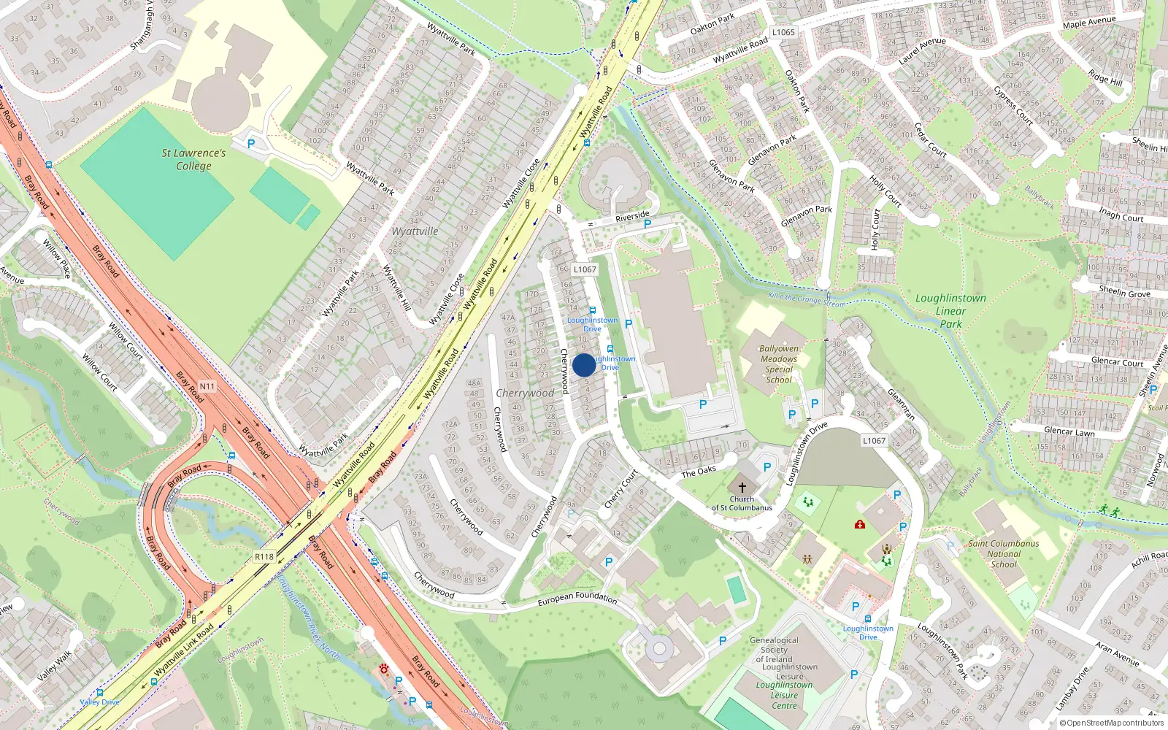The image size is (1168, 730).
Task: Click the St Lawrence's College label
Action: pos(193,159)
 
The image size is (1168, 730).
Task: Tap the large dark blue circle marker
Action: pos(584,365)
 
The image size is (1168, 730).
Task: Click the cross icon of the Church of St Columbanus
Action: pos(742,487)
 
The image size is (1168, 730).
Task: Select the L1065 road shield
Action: pos(783,32)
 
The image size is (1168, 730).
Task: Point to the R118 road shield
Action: pos(264,557)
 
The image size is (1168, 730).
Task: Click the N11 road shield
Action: pos(207,386)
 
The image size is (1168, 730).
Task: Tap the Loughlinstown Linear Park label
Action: pos(950,310)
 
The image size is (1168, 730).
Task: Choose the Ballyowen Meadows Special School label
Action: pos(779,364)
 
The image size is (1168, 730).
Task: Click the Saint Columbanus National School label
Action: pos(1004,553)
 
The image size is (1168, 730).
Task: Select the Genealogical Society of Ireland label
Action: pos(774,650)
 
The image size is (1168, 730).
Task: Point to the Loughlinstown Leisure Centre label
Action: pos(784,695)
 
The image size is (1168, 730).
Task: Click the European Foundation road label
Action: pos(577,599)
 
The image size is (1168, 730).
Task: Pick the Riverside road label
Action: pos(632,216)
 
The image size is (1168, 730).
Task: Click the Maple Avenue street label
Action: pos(1089,23)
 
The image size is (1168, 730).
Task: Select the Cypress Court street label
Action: pos(1013,106)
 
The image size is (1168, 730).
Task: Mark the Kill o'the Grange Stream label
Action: pos(807,299)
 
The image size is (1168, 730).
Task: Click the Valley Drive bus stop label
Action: pos(99,702)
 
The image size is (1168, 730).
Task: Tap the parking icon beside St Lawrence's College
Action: pos(251,144)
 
